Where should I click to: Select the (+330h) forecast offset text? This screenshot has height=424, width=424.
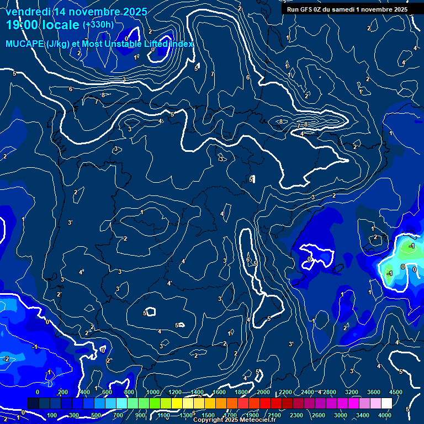98,25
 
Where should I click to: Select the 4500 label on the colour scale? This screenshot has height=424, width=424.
395,392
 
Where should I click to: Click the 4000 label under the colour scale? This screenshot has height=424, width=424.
385,415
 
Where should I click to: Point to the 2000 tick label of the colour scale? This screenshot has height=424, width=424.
263,392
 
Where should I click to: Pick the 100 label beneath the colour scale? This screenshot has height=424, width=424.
52,415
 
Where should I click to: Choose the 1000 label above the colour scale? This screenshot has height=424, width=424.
153,392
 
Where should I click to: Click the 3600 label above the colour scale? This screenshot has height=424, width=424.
374,392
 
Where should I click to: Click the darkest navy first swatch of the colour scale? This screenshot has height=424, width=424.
33,404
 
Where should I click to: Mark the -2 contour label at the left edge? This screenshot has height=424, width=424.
6,359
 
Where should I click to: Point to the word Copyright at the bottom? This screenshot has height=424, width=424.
208,420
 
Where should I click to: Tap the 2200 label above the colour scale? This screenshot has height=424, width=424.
285,392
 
